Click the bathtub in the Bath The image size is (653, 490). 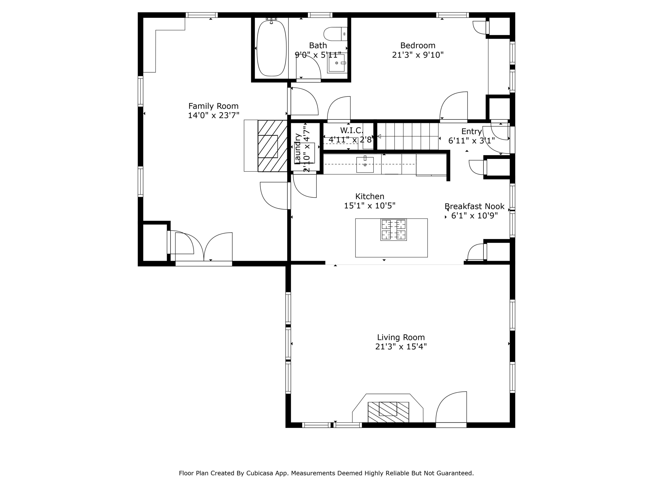[x=272, y=48]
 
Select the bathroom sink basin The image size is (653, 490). [x=337, y=63]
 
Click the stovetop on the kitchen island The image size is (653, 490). [x=394, y=230]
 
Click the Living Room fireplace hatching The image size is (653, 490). [x=388, y=412]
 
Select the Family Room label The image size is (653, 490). [x=214, y=106]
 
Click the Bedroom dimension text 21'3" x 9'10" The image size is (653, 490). [x=418, y=55]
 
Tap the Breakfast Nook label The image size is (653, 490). [x=474, y=206]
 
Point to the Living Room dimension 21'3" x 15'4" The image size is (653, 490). [x=401, y=346]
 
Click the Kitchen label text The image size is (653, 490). [x=370, y=196]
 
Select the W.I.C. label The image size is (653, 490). [x=351, y=130]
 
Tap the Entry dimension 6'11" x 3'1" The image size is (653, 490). [x=471, y=141]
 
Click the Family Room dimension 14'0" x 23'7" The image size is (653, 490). [x=214, y=115]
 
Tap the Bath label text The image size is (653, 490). [x=318, y=46]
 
